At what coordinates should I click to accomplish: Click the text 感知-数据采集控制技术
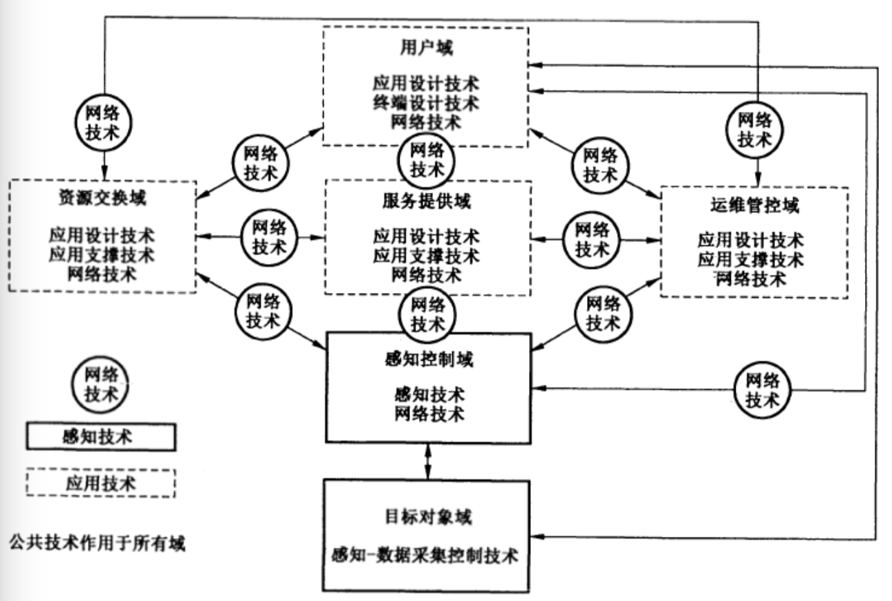pos(426,556)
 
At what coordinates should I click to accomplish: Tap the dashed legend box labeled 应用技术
pos(102,482)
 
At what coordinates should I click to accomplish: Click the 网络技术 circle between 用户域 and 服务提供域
pos(426,159)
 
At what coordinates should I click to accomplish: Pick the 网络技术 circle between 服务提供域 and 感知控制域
pos(426,313)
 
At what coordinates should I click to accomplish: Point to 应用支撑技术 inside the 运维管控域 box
pos(751,260)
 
